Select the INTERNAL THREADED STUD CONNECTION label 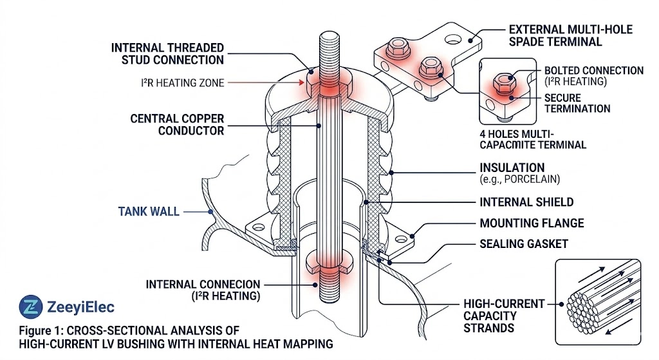click(167, 53)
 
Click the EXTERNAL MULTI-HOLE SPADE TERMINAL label click(570, 36)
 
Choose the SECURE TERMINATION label click(577, 103)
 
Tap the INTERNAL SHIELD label click(526, 202)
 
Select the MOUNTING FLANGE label click(532, 223)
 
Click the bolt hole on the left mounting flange click(259, 227)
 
